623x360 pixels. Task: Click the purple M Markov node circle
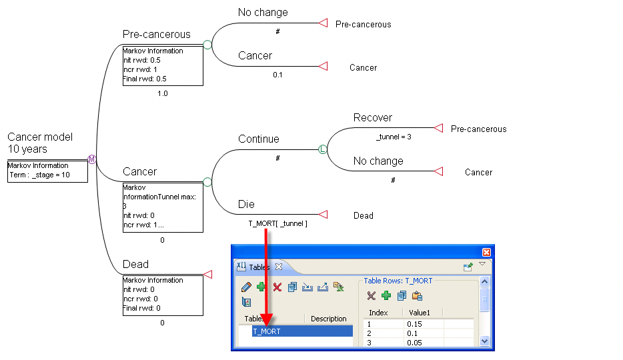[92, 159]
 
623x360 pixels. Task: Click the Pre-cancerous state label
[156, 34]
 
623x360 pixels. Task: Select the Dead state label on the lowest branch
[135, 265]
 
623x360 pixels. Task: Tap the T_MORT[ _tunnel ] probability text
[277, 224]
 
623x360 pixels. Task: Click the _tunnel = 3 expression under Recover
[393, 137]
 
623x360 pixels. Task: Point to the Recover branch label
[372, 118]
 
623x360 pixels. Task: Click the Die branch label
[246, 204]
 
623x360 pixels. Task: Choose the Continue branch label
[258, 139]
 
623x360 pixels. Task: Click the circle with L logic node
[323, 150]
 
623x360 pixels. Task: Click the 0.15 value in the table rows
[414, 324]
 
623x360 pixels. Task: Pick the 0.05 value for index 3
[414, 343]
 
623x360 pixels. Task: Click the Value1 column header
[419, 313]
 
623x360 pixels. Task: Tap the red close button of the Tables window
[486, 252]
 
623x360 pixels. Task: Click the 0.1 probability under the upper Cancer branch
[277, 75]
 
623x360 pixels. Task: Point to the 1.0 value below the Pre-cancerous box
[162, 94]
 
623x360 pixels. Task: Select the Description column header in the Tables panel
[328, 319]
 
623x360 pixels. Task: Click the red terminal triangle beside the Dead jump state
[323, 215]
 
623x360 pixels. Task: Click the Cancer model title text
[40, 137]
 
